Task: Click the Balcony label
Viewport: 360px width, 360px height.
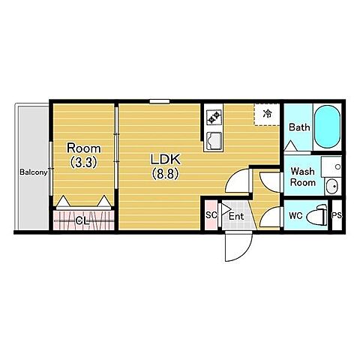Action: click(34, 172)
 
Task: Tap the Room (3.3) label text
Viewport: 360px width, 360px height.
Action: click(83, 155)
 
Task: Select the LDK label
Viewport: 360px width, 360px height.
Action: click(165, 159)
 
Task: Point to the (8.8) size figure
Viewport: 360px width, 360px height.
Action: click(165, 174)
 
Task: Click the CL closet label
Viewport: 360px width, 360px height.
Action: click(83, 220)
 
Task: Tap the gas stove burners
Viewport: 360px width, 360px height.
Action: click(214, 117)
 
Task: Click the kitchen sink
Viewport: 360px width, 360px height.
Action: click(214, 140)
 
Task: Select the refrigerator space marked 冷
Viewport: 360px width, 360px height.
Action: click(267, 115)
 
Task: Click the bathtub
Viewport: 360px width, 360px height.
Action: click(327, 127)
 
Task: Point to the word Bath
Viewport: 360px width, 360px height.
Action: click(299, 127)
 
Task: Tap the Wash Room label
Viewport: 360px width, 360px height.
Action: click(302, 177)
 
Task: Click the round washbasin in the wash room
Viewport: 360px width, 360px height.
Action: click(332, 186)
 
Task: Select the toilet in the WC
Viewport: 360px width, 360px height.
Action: click(317, 215)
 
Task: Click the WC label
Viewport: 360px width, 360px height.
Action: click(295, 216)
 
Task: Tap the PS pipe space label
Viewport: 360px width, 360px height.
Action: click(337, 215)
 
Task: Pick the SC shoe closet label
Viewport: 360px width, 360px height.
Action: click(211, 215)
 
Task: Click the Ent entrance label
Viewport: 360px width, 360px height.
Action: click(236, 216)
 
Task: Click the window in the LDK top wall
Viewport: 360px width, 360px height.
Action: click(160, 101)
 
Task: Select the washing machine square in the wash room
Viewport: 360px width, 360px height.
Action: click(331, 166)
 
